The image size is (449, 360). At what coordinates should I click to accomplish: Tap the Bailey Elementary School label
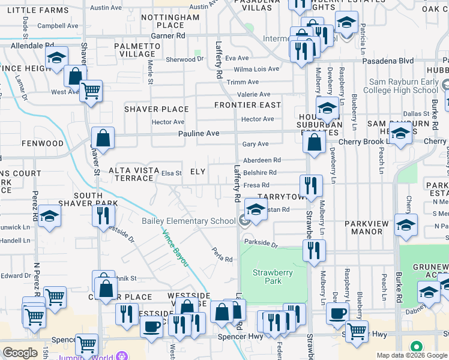pos(188,221)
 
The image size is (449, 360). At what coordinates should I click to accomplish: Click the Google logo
pos(20,353)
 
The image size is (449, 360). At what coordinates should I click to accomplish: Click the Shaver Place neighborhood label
pos(157,109)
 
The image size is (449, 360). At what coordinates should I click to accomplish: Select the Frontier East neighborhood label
pos(248,105)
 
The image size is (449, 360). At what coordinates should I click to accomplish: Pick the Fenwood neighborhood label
pos(42,144)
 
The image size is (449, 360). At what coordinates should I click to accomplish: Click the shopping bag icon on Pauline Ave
pos(103,137)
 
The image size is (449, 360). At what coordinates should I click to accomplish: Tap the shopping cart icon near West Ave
pos(91,91)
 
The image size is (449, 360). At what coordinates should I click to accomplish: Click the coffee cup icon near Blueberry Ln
pos(338,313)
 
